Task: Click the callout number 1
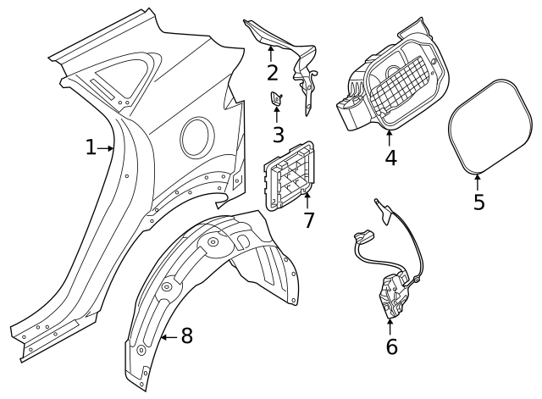tap(91, 147)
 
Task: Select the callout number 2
tap(272, 72)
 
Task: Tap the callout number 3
tap(278, 134)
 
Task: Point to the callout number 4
tap(390, 158)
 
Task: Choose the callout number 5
tap(479, 202)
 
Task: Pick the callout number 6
tap(390, 346)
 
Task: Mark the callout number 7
tap(309, 220)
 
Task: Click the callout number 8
tap(186, 336)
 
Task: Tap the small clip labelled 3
tap(276, 100)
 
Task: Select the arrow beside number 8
tap(168, 337)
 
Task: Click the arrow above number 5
tap(478, 180)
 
